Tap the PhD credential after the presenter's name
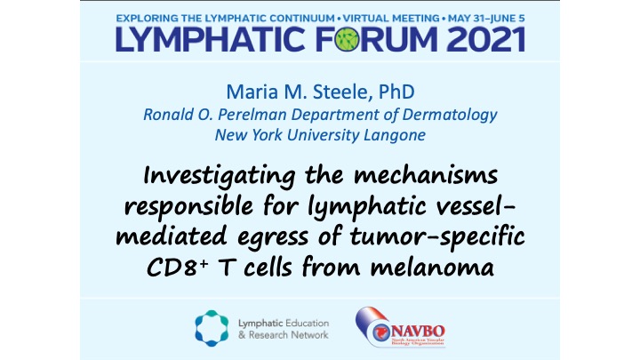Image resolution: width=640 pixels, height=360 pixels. (x=396, y=92)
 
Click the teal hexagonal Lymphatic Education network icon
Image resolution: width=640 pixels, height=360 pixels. (x=212, y=326)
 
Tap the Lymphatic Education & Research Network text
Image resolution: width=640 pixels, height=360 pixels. (x=284, y=328)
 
